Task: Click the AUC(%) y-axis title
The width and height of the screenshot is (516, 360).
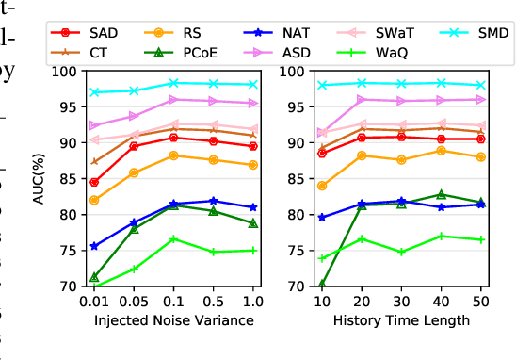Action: (39, 178)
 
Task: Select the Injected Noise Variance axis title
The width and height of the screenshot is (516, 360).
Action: (173, 320)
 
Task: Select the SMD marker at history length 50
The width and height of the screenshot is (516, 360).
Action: (481, 86)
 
